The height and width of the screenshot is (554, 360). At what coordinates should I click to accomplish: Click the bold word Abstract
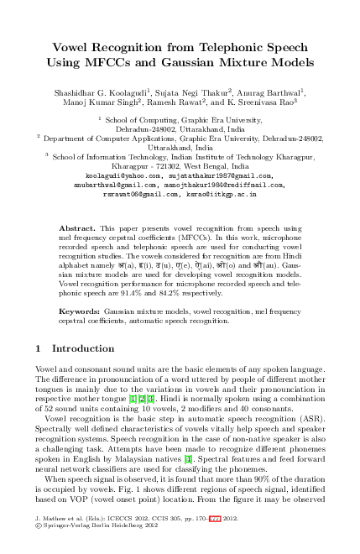[x=76, y=228]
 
